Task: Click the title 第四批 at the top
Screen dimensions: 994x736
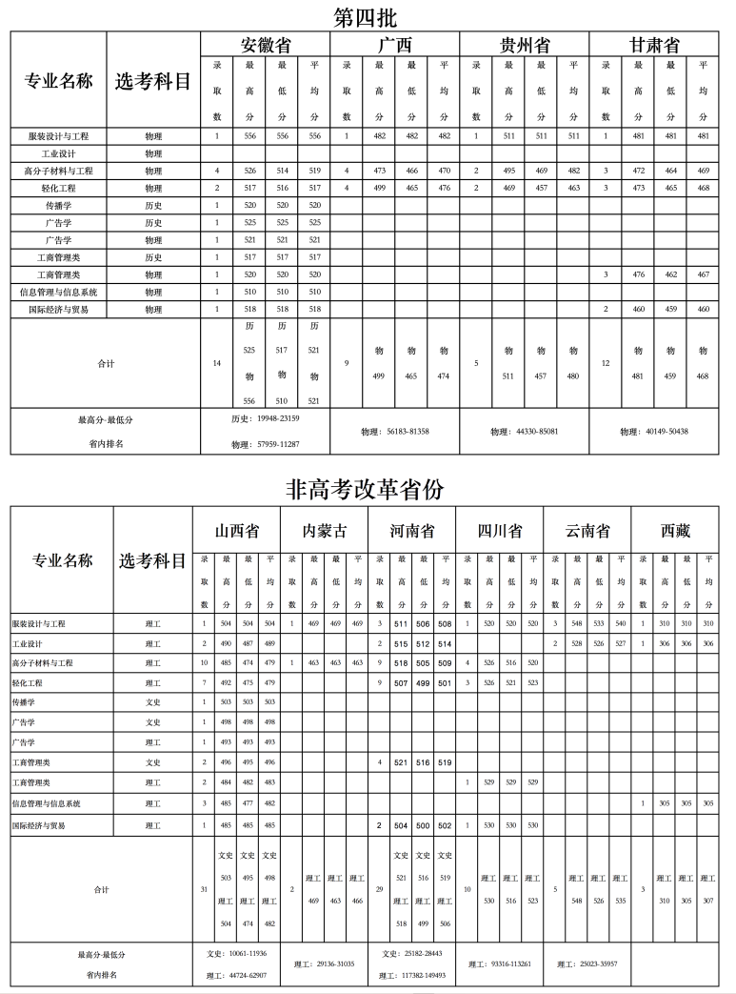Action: click(367, 16)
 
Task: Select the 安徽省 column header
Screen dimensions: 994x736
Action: click(266, 45)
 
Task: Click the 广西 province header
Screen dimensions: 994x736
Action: click(395, 45)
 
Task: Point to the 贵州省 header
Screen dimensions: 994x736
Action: click(525, 45)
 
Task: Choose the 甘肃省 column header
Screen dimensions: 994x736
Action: click(654, 45)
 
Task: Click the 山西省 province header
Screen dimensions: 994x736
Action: click(236, 531)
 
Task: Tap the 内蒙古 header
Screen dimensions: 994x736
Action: click(324, 531)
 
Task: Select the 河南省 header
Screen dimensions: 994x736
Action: click(413, 531)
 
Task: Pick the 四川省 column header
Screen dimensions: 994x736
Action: click(500, 531)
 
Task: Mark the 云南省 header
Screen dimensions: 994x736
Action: click(587, 531)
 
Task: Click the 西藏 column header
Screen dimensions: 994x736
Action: click(676, 531)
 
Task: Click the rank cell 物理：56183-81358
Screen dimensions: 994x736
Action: click(395, 432)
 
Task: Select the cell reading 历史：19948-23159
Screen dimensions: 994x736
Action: click(266, 419)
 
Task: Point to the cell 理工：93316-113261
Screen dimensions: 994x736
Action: click(500, 964)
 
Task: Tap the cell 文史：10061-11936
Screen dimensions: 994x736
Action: click(236, 953)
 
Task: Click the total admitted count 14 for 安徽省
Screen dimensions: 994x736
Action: click(217, 363)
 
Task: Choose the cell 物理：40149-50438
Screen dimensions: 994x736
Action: click(654, 432)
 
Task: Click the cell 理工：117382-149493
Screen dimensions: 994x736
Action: click(413, 975)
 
